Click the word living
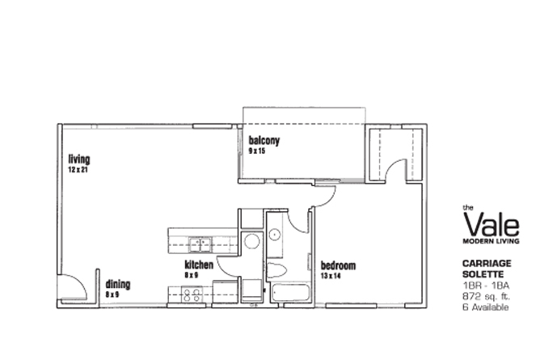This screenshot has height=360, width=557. (x=79, y=159)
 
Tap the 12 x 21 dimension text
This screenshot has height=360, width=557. (x=78, y=170)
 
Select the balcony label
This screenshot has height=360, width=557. (x=264, y=141)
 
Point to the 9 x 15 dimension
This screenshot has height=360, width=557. (x=257, y=151)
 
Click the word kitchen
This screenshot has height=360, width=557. (x=199, y=265)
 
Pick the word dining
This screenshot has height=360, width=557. (x=118, y=284)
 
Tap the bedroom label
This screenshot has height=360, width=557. (x=338, y=265)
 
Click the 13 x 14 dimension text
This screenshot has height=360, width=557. (x=331, y=276)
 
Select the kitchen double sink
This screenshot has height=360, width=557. (x=200, y=245)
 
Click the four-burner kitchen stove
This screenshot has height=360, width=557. (x=192, y=295)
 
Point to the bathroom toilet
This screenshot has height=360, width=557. (x=276, y=270)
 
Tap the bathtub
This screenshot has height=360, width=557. (x=291, y=293)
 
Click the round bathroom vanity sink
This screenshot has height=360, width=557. (x=275, y=235)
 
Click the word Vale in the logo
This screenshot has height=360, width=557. (x=492, y=224)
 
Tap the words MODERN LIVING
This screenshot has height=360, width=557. (x=491, y=241)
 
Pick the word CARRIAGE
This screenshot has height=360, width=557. (x=487, y=264)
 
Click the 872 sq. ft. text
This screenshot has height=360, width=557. (x=486, y=296)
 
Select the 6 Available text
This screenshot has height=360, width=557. (x=485, y=307)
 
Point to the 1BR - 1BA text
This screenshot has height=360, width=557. (x=486, y=286)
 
